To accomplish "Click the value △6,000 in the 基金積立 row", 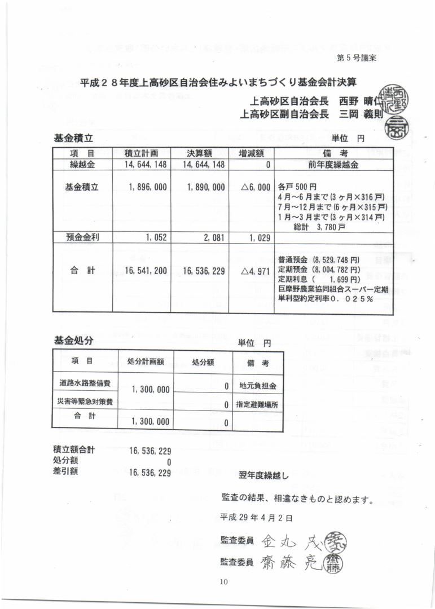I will [256, 187].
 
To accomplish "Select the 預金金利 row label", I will [82, 238].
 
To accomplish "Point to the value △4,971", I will [256, 271].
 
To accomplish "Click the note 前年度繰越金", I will [333, 165].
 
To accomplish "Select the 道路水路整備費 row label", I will [85, 383].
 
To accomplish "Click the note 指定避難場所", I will [257, 404].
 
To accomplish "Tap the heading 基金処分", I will [73, 340].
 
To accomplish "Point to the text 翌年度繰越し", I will [263, 475].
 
